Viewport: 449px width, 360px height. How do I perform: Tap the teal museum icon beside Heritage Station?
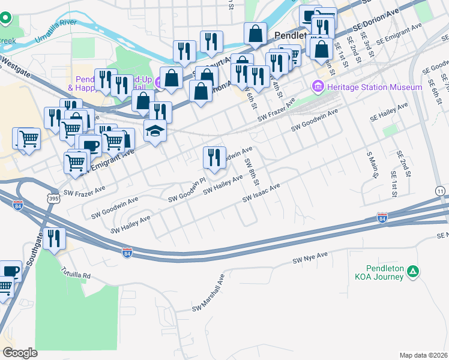click(x=318, y=88)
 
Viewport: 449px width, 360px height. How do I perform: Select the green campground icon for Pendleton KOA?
click(x=412, y=272)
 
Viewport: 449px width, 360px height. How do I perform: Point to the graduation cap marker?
click(x=155, y=132)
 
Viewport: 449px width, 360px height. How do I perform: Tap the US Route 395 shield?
click(x=55, y=197)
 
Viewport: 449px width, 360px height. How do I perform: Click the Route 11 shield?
click(x=441, y=190)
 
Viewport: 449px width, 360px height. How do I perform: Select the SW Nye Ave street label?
click(x=310, y=259)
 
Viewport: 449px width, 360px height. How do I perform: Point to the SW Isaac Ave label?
click(x=261, y=193)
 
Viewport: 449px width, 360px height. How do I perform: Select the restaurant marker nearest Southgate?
click(x=55, y=239)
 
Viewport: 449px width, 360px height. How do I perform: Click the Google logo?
click(x=20, y=353)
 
